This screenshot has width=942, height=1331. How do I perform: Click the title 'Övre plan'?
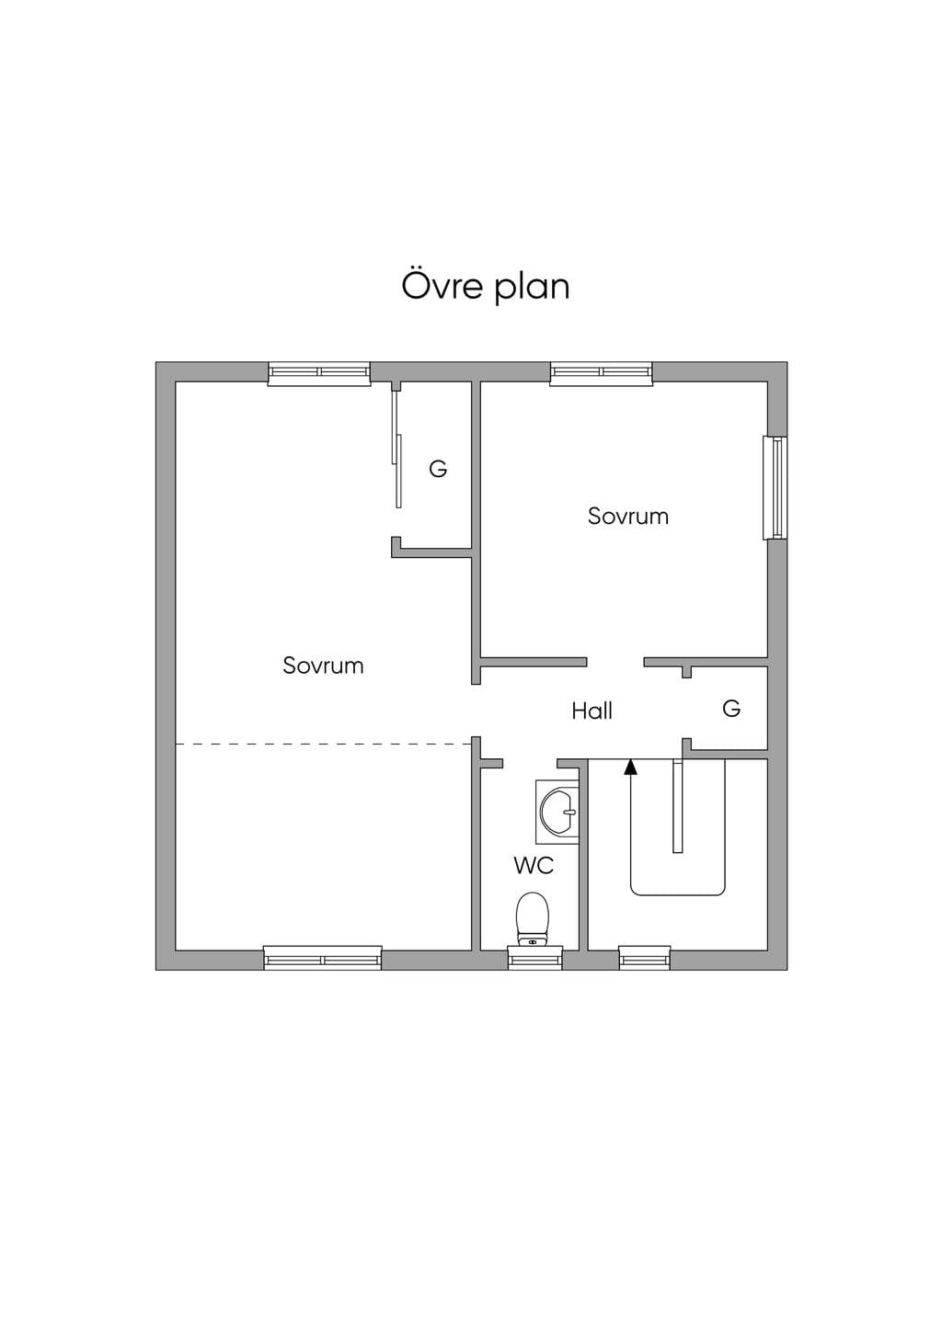(x=486, y=287)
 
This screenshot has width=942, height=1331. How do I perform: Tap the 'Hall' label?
(x=592, y=711)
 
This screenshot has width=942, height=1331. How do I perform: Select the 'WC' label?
(x=534, y=866)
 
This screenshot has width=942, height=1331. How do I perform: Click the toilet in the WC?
(x=533, y=919)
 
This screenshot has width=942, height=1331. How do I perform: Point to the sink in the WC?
(x=557, y=812)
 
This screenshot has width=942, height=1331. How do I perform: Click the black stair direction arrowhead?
(x=630, y=768)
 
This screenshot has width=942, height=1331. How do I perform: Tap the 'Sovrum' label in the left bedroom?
(x=323, y=665)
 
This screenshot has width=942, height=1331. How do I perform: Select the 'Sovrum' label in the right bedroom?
(x=628, y=516)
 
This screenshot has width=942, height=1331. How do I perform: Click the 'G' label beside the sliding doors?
(x=438, y=470)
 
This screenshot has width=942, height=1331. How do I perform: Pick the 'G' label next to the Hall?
(x=731, y=709)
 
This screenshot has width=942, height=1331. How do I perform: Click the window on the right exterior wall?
(x=775, y=488)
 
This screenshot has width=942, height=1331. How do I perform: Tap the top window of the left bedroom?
(x=319, y=373)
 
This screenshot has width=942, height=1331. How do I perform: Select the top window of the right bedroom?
(x=602, y=373)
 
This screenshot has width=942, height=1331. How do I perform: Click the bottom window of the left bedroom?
(x=322, y=959)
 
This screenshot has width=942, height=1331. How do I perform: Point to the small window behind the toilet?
(x=535, y=959)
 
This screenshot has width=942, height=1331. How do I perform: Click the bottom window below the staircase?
(x=645, y=959)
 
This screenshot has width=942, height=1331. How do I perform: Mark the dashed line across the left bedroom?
(x=324, y=744)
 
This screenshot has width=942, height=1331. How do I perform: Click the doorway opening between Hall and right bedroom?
(x=615, y=662)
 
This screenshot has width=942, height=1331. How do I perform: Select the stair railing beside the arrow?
(x=677, y=806)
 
